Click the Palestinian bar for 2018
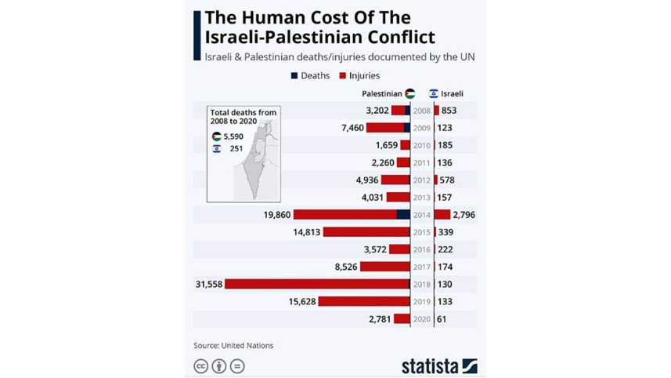(317, 284)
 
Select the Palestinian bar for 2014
(352, 214)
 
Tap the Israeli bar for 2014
(442, 214)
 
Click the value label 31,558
(209, 284)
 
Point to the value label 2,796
(464, 214)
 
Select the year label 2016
(422, 249)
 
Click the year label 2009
(422, 128)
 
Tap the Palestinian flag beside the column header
(410, 94)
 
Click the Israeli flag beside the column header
(433, 94)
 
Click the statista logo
(439, 365)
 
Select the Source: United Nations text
(233, 345)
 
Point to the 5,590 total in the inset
(233, 136)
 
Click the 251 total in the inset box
(236, 148)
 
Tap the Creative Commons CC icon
(201, 365)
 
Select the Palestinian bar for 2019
(364, 301)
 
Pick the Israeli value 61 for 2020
(442, 319)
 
